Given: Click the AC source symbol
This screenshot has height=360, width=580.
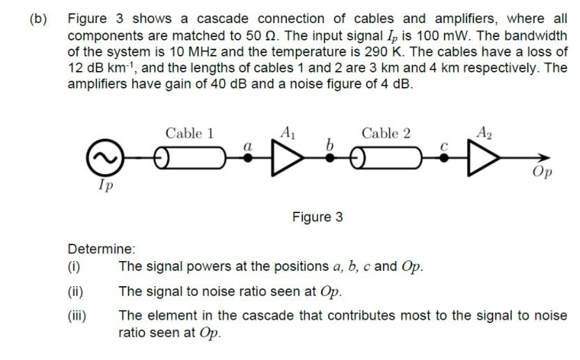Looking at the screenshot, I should point(101,158).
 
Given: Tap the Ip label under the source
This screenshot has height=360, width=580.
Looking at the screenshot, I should point(105,185).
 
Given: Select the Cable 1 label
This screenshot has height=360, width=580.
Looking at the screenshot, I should point(189,133).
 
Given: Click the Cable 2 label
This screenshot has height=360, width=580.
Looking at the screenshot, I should point(386,133).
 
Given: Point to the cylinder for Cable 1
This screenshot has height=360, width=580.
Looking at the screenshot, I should point(187,158).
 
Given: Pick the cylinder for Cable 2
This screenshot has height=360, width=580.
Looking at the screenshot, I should point(386,158).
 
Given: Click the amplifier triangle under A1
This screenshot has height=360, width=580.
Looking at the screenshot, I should point(283,158).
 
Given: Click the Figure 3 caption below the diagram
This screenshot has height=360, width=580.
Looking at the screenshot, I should point(318,217).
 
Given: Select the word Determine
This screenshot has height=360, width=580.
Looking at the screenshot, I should point(101,249).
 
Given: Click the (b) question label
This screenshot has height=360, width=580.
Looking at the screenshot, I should point(38,19).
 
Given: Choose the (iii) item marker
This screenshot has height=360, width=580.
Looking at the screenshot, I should point(77,315).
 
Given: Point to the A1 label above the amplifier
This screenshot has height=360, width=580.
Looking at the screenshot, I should point(287,131).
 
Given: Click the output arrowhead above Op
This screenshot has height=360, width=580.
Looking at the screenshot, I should point(546,158).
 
